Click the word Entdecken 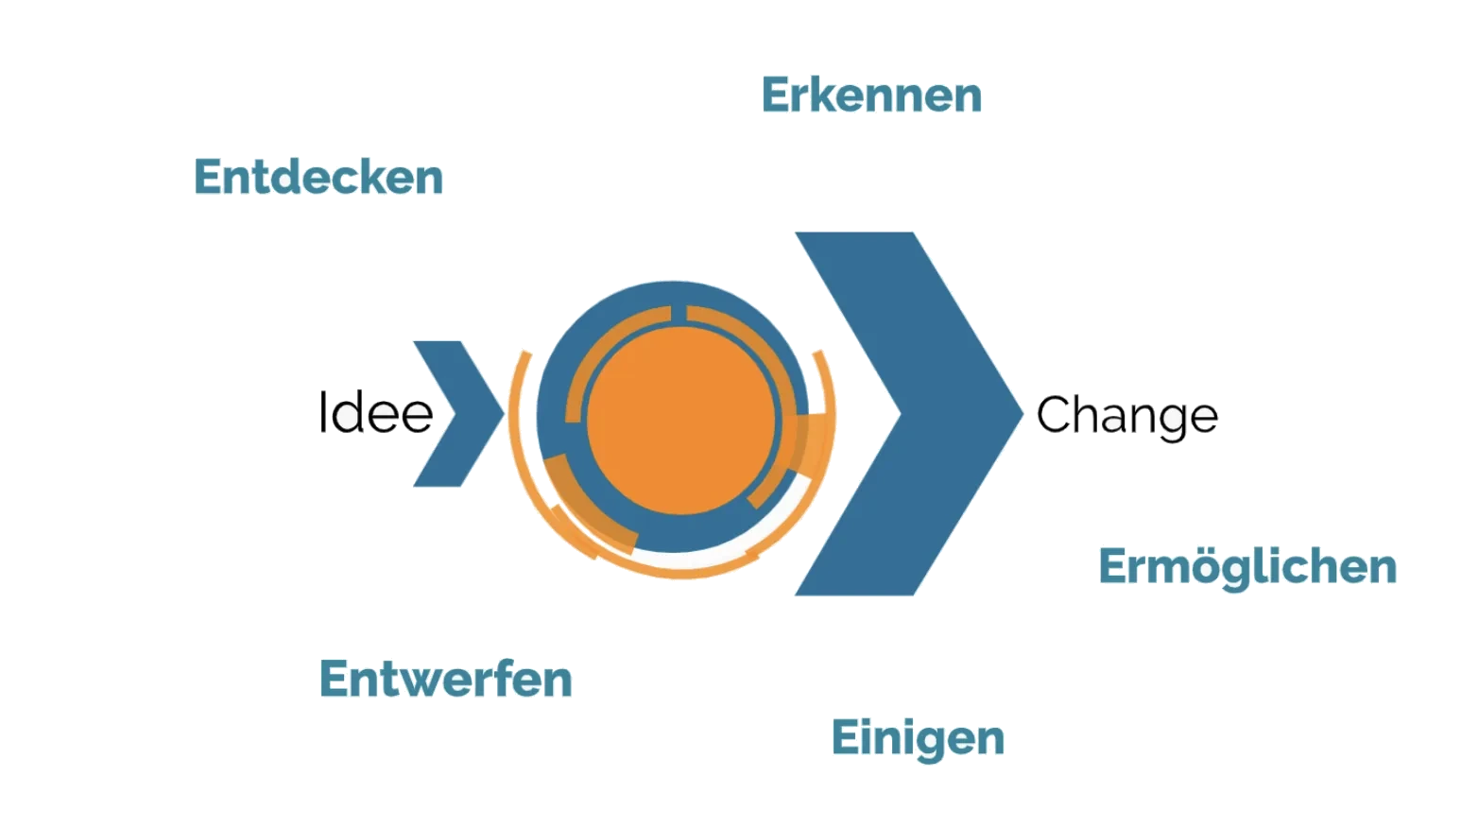pyautogui.click(x=318, y=177)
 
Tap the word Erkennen pyautogui.click(x=871, y=95)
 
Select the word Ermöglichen pyautogui.click(x=1247, y=567)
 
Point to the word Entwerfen pyautogui.click(x=445, y=679)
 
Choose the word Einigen pyautogui.click(x=918, y=739)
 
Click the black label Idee pyautogui.click(x=375, y=412)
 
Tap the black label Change pyautogui.click(x=1127, y=416)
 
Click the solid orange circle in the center pyautogui.click(x=680, y=421)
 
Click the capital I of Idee pyautogui.click(x=322, y=412)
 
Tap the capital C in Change pyautogui.click(x=1055, y=414)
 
